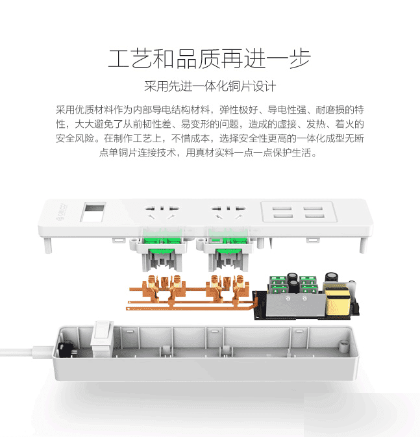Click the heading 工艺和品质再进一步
210,59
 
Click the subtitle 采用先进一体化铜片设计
210,86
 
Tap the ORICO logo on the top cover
60,212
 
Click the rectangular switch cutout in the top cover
93,212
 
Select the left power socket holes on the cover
162,212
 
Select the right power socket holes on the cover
229,212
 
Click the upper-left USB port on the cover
282,208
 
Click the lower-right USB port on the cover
314,216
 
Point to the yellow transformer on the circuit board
337,301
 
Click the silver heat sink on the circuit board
295,305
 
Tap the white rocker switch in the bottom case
103,338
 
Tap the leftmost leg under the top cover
48,245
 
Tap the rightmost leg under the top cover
363,245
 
